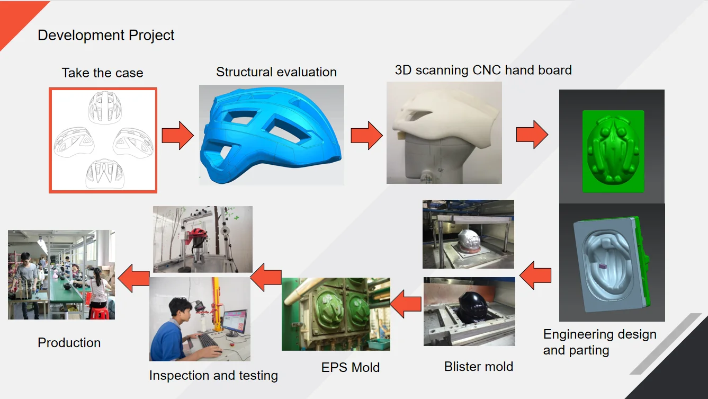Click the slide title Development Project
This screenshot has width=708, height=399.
(x=106, y=36)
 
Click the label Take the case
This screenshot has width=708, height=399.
(x=102, y=73)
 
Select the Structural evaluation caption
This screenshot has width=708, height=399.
(x=276, y=72)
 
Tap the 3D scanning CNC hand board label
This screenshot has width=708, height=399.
(x=483, y=70)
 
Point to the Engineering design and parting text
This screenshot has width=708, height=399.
(x=599, y=342)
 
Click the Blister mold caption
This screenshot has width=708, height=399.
(x=478, y=367)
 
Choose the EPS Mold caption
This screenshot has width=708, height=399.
(x=351, y=368)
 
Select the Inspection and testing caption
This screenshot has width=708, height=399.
(x=213, y=376)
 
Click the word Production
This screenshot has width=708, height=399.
(x=69, y=343)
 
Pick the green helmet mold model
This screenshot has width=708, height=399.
(x=613, y=151)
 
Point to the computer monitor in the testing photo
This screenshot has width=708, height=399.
(x=235, y=322)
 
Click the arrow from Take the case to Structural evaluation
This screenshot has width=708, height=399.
(x=177, y=136)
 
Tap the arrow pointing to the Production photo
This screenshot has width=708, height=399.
(x=133, y=278)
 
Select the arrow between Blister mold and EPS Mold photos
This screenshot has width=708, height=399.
(x=406, y=304)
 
